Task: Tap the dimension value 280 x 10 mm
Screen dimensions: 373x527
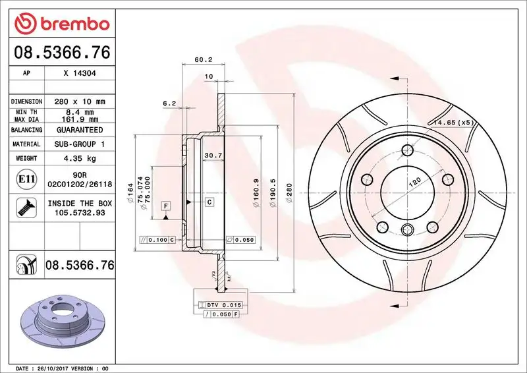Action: coord(80,101)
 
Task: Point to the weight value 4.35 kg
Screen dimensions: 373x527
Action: coord(80,158)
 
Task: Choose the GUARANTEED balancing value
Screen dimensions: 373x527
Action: coord(80,130)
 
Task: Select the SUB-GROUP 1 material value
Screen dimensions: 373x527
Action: coord(80,144)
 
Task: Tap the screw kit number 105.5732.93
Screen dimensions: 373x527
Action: coord(80,214)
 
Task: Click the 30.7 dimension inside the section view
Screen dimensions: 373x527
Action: coord(213,156)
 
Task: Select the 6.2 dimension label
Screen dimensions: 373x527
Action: coord(169,103)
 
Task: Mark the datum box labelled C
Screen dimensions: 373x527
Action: coord(209,202)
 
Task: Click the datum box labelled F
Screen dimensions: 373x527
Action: coord(166,206)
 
